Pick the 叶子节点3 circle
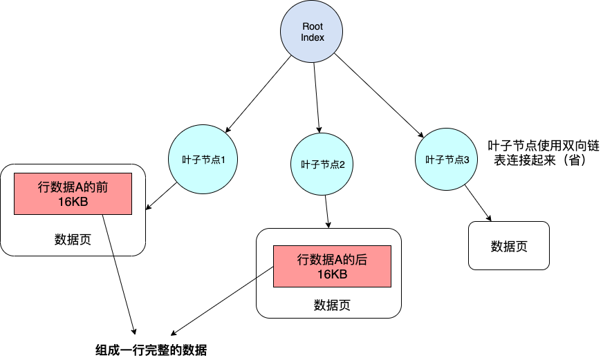click(x=447, y=159)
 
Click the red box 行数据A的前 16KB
click(x=73, y=194)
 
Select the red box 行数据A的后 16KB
click(x=332, y=267)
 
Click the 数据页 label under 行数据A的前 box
click(x=73, y=240)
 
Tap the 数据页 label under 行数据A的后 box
click(x=332, y=305)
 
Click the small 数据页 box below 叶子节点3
click(x=509, y=246)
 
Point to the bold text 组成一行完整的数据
click(x=151, y=349)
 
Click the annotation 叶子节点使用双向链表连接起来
click(x=542, y=153)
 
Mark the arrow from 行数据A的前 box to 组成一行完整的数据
click(x=118, y=269)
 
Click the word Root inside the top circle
click(x=313, y=26)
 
